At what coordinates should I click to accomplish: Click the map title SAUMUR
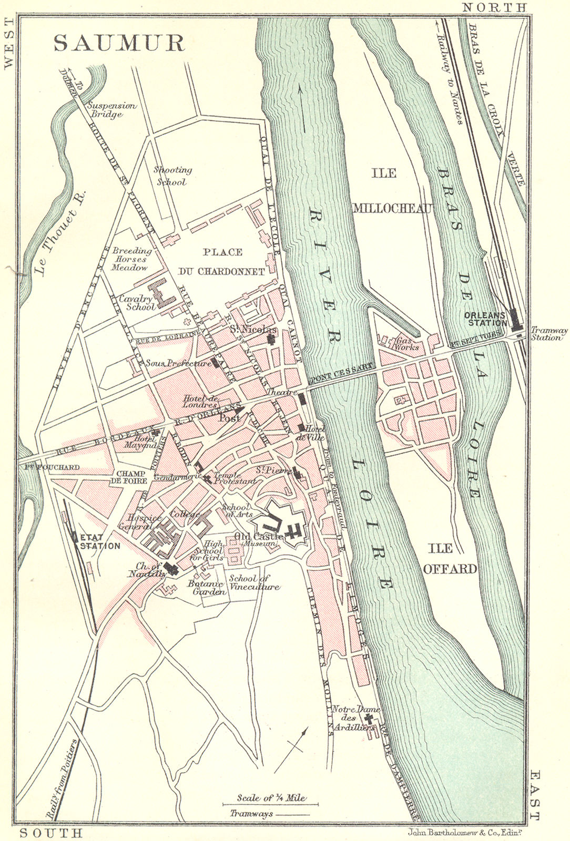119,44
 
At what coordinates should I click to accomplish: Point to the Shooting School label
172,176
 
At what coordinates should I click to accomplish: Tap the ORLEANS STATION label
485,319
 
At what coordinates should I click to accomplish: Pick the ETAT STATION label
100,542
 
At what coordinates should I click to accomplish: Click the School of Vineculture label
254,582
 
